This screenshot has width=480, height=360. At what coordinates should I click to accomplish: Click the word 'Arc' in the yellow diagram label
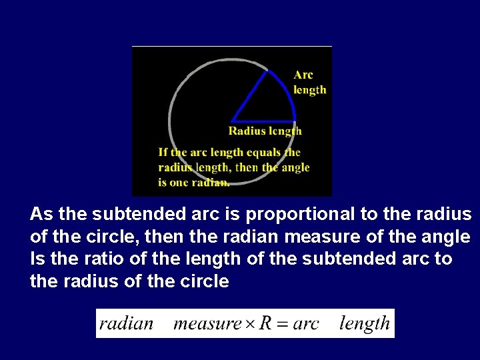pyautogui.click(x=303, y=75)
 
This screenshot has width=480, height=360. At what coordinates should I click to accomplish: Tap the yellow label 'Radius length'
pyautogui.click(x=265, y=131)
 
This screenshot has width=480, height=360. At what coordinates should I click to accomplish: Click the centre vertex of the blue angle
pyautogui.click(x=232, y=121)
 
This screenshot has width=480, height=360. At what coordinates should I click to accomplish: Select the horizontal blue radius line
pyautogui.click(x=263, y=121)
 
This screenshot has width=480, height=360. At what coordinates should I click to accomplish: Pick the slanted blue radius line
pyautogui.click(x=250, y=96)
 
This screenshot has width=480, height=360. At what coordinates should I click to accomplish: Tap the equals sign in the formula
pyautogui.click(x=283, y=325)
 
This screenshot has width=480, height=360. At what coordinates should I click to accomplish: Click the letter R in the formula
pyautogui.click(x=266, y=323)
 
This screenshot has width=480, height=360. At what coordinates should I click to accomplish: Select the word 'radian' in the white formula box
pyautogui.click(x=127, y=324)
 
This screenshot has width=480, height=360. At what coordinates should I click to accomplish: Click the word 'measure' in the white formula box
pyautogui.click(x=207, y=325)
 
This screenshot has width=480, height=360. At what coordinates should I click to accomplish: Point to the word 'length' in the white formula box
pyautogui.click(x=364, y=323)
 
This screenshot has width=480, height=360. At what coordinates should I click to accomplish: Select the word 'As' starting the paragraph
pyautogui.click(x=41, y=215)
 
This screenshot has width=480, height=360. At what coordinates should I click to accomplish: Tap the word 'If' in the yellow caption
pyautogui.click(x=163, y=153)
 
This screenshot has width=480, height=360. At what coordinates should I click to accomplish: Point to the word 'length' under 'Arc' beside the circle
pyautogui.click(x=310, y=90)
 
